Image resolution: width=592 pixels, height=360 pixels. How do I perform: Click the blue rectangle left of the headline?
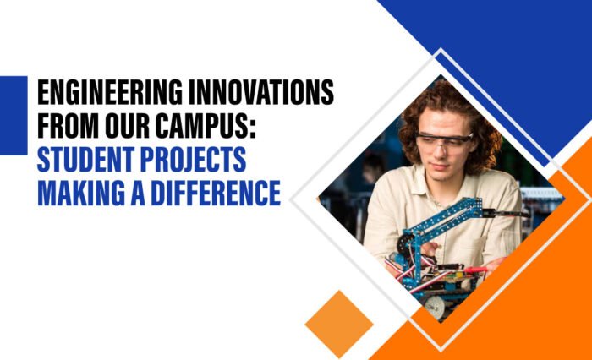pyautogui.click(x=14, y=115)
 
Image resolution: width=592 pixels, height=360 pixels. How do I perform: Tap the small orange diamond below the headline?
pyautogui.click(x=339, y=324)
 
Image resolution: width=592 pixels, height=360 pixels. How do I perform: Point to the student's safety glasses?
pyautogui.click(x=445, y=140)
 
